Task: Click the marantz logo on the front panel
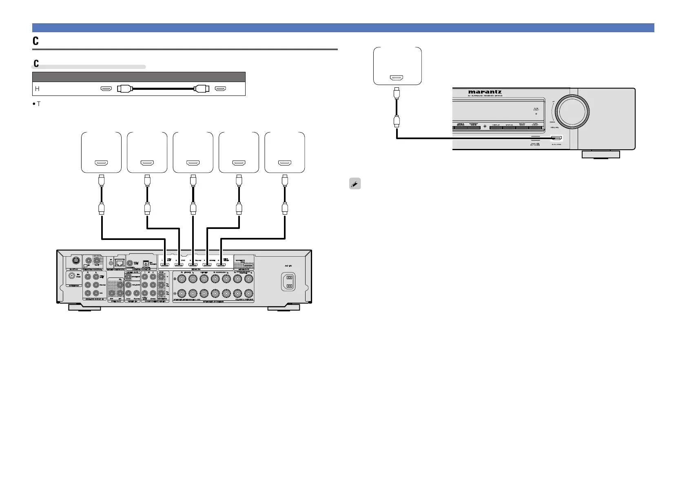coord(485,92)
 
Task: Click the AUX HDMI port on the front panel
coord(556,138)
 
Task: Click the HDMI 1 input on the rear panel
coord(164,264)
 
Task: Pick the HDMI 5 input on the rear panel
coord(221,264)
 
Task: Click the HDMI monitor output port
coord(247,265)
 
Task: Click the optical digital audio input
coord(145,264)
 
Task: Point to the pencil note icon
coord(355,184)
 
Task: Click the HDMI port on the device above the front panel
coord(397,77)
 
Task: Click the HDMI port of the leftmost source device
coord(101,163)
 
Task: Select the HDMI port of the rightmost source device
coord(284,163)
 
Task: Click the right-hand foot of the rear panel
coord(284,307)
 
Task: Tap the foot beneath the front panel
coord(601,154)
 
